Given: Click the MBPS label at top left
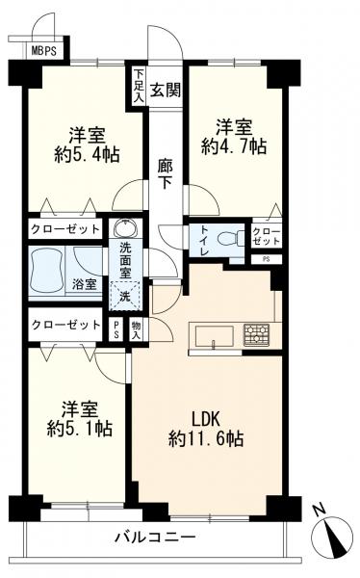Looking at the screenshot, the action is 44,50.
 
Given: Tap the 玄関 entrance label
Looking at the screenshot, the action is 166,90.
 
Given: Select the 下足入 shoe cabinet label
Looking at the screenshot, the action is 139,85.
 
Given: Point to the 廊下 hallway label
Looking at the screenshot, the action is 165,174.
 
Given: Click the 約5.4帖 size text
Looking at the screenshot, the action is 87,154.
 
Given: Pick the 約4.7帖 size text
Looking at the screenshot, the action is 234,146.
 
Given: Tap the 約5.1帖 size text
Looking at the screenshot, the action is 80,429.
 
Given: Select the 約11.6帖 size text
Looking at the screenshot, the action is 206,438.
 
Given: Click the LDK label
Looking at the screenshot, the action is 206,419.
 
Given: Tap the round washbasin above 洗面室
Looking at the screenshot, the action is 126,227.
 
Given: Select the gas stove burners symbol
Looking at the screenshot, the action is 256,334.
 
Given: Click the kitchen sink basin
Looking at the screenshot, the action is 214,336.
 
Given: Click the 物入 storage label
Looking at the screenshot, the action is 137,329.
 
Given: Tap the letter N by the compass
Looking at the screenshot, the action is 320,511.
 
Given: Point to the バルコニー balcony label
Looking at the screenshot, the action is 155,538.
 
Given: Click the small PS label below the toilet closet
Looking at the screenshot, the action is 266,259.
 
